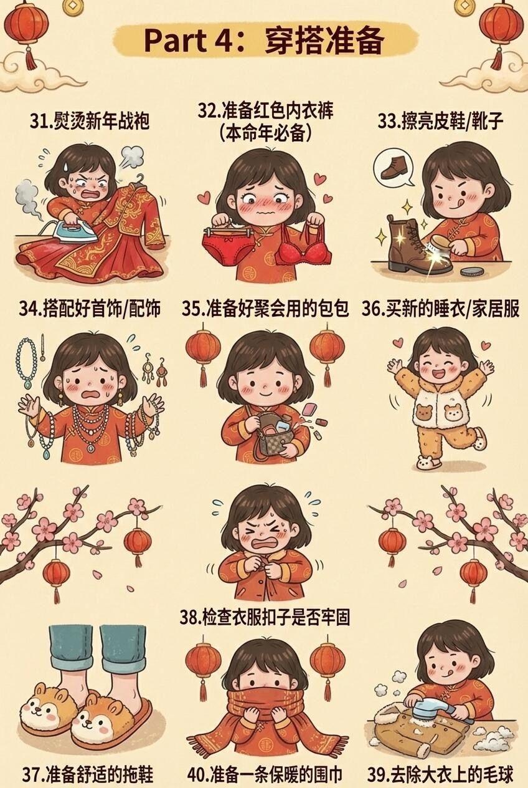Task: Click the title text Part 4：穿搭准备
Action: [263, 41]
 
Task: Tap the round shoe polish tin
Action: [471, 272]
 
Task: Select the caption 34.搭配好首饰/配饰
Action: [90, 309]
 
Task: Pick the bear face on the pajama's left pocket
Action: [423, 411]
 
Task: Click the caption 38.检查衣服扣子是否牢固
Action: [265, 617]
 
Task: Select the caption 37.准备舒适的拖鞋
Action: [88, 774]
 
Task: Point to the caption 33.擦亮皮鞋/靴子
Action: [441, 121]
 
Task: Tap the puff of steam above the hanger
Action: [132, 157]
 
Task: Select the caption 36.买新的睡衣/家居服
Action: [441, 309]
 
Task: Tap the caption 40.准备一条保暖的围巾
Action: [265, 774]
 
